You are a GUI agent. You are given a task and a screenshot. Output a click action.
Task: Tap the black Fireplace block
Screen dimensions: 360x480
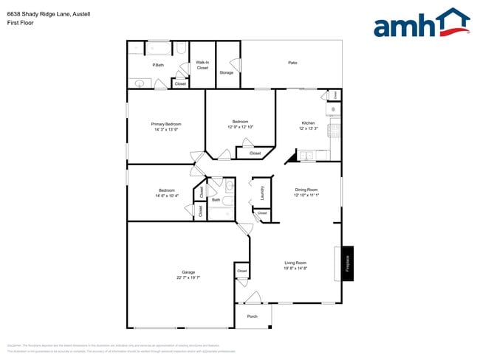click(x=348, y=263)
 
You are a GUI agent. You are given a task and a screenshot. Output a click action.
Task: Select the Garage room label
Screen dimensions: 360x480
click(x=188, y=272)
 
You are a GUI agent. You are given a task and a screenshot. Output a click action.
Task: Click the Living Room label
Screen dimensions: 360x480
click(x=295, y=263)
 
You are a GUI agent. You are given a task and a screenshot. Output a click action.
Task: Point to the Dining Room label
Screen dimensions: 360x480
click(x=305, y=190)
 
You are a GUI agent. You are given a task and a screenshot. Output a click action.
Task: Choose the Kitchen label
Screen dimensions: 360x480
click(x=308, y=122)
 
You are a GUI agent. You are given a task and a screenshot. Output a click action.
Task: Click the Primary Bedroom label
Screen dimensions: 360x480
click(x=166, y=124)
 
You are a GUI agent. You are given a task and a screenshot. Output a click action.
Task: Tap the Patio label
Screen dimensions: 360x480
click(x=292, y=63)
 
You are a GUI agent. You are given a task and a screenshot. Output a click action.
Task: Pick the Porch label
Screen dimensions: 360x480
click(x=252, y=316)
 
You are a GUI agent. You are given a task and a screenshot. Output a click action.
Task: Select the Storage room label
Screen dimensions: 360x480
click(x=226, y=72)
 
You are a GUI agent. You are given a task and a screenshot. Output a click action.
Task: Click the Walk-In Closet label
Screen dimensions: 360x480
click(x=202, y=65)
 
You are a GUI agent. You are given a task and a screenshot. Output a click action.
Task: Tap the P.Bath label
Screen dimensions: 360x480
click(x=158, y=65)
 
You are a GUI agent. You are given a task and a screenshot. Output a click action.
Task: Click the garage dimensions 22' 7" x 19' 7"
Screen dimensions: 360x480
click(x=188, y=278)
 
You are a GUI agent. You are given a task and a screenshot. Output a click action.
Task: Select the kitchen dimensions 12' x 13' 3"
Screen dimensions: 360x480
click(x=308, y=128)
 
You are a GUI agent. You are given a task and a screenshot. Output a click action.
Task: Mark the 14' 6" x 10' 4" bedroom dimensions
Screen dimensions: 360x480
click(x=167, y=195)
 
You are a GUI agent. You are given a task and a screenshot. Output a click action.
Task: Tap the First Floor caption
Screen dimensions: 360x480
click(x=20, y=23)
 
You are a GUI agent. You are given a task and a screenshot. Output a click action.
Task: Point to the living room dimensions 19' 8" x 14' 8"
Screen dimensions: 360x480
click(x=295, y=269)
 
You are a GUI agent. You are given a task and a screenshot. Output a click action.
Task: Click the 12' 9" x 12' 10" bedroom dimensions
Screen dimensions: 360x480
click(x=241, y=127)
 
